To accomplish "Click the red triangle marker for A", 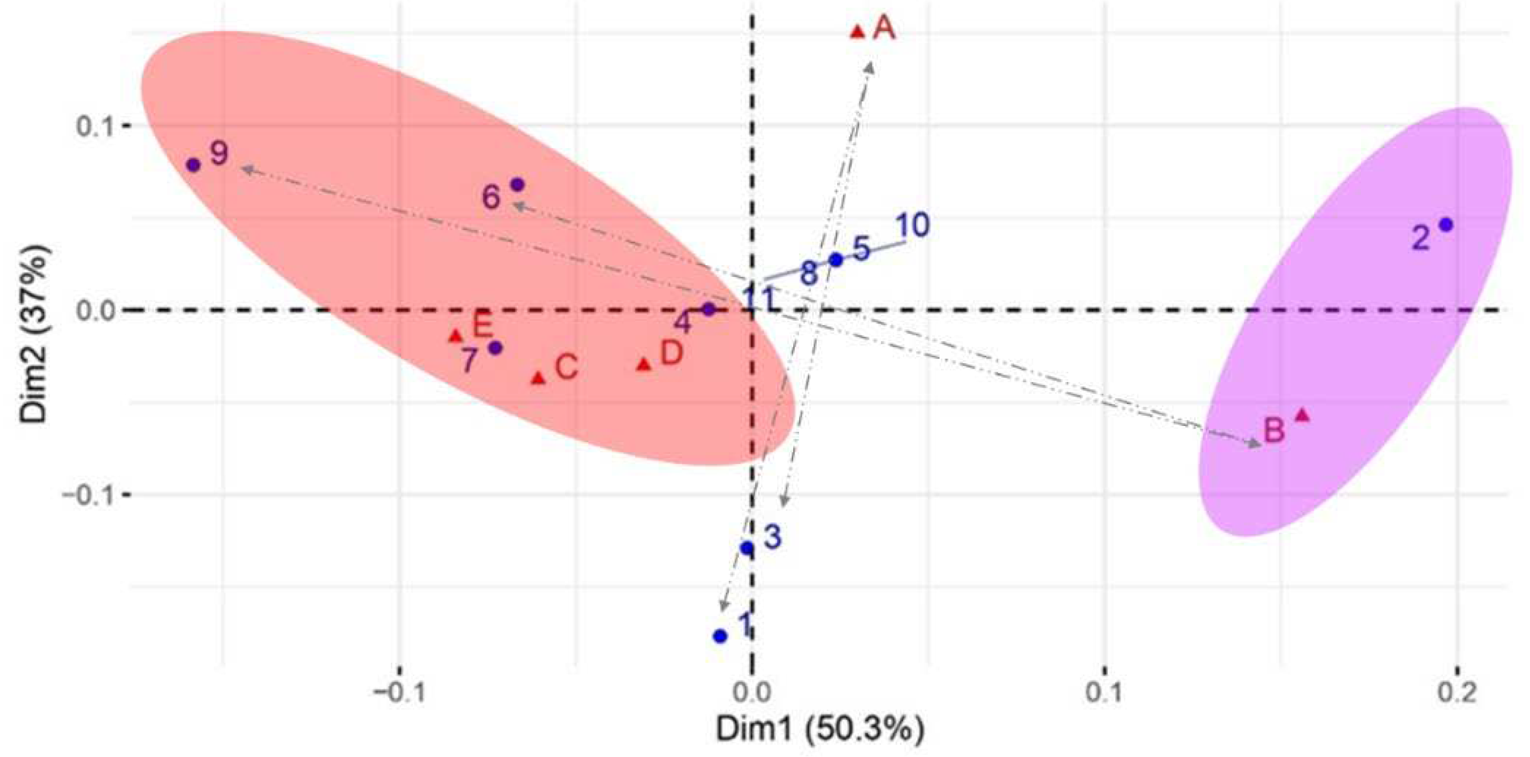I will pyautogui.click(x=857, y=32).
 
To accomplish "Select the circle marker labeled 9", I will pyautogui.click(x=193, y=165).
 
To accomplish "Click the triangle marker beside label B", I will pyautogui.click(x=1302, y=416).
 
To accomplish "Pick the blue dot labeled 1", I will pyautogui.click(x=720, y=636).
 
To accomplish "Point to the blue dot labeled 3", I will pyautogui.click(x=747, y=548).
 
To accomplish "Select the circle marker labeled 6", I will pyautogui.click(x=517, y=185).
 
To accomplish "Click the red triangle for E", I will pyautogui.click(x=456, y=336).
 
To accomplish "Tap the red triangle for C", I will pyautogui.click(x=538, y=378).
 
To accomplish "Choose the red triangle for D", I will pyautogui.click(x=644, y=364).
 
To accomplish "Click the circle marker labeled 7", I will pyautogui.click(x=496, y=348).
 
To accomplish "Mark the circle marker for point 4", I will pyautogui.click(x=708, y=310).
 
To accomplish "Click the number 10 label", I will pyautogui.click(x=911, y=226).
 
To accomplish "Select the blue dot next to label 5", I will pyautogui.click(x=836, y=260).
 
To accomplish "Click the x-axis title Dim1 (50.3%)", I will pyautogui.click(x=819, y=729).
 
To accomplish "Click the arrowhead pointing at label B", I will pyautogui.click(x=1254, y=444).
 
